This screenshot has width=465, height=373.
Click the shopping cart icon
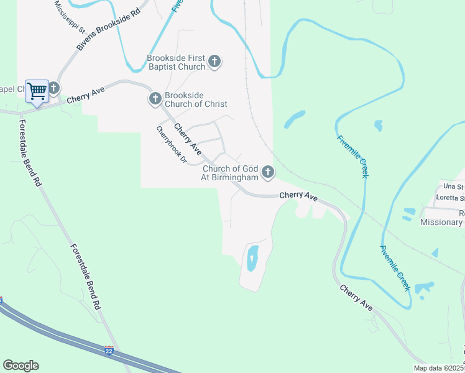click(x=37, y=91)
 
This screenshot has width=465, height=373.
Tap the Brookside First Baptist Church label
click(x=176, y=63)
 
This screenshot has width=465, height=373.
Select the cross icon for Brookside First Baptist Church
click(x=214, y=62)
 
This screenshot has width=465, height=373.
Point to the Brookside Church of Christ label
click(x=195, y=99)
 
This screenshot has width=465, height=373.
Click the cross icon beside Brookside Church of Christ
click(x=155, y=99)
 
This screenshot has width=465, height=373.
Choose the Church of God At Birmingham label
click(x=230, y=173)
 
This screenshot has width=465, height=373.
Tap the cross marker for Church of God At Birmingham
click(x=268, y=172)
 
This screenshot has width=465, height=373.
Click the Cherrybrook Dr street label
click(x=171, y=145)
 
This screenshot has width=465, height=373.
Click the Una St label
click(x=453, y=186)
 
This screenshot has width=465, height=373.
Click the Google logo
click(x=21, y=366)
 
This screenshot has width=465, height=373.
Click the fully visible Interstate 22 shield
click(x=109, y=351)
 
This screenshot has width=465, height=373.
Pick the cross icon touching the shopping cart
click(x=54, y=89)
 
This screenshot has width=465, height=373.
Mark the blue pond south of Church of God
click(x=252, y=258)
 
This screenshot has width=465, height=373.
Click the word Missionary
click(x=441, y=223)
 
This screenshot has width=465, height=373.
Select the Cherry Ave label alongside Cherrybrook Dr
click(x=187, y=139)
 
